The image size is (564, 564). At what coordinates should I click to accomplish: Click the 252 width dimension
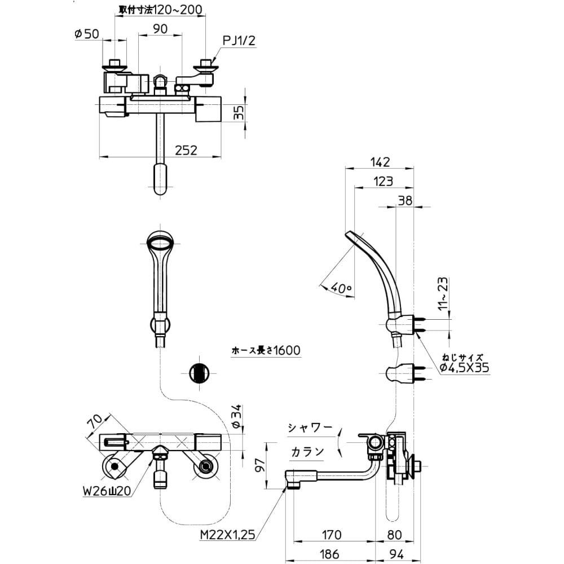click(x=186, y=150)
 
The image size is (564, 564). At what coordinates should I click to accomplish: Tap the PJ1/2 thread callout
click(x=239, y=40)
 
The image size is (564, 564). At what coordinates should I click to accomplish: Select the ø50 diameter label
click(x=87, y=34)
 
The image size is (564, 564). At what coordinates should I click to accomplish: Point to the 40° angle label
click(x=341, y=288)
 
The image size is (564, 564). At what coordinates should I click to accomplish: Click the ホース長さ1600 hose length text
click(x=266, y=350)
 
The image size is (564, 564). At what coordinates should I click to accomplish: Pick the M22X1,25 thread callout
click(x=227, y=535)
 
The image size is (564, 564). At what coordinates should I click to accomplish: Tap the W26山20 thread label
click(x=107, y=491)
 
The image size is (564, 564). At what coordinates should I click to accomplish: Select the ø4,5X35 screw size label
click(x=464, y=367)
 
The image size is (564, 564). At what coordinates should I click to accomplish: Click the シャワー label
click(x=310, y=428)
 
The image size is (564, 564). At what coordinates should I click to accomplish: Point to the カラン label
click(x=307, y=451)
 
